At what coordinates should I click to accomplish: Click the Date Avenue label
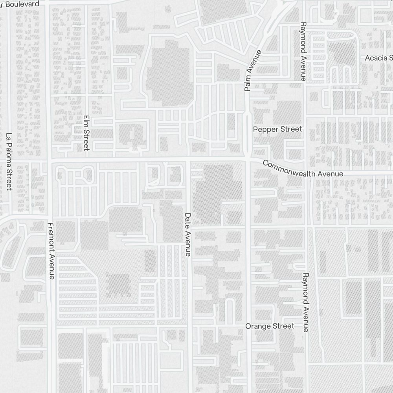pos(187,235)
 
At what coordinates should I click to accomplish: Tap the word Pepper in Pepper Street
pos(265,129)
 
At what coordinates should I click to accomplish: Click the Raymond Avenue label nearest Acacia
pos(303,51)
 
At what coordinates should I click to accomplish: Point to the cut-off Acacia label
pos(378,58)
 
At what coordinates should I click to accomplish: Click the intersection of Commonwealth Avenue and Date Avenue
pos(188,160)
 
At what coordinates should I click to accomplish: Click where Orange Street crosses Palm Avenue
pos(248,326)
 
